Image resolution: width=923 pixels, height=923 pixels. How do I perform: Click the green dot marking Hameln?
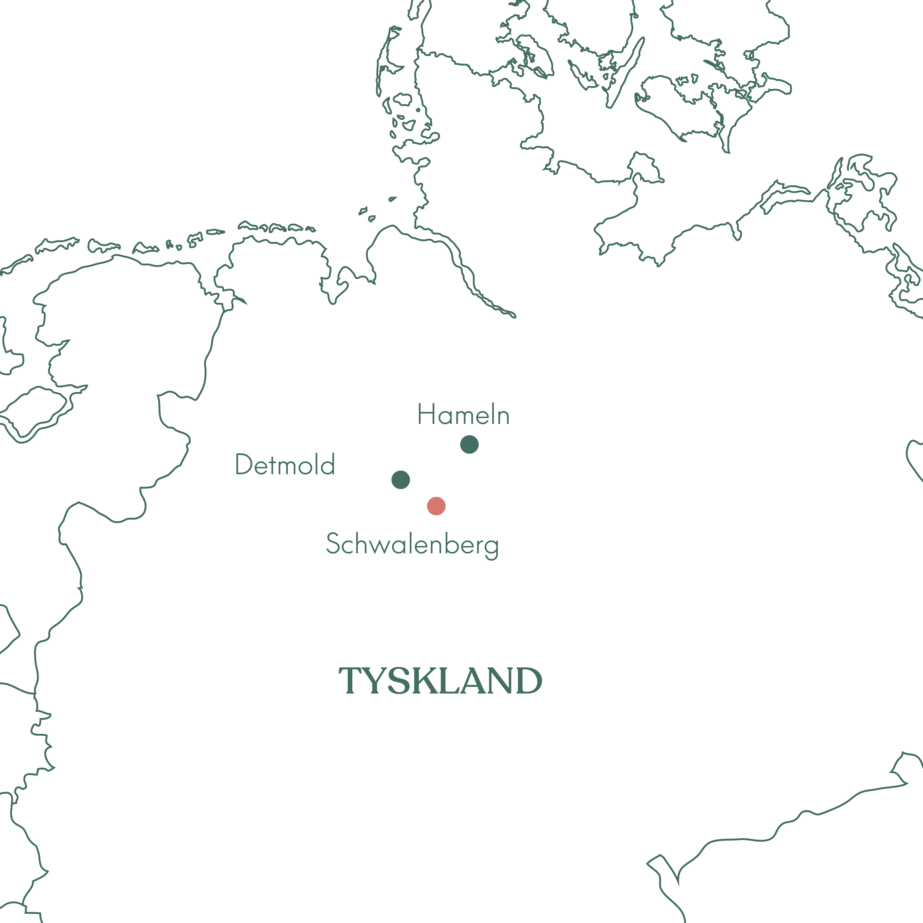(x=469, y=444)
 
